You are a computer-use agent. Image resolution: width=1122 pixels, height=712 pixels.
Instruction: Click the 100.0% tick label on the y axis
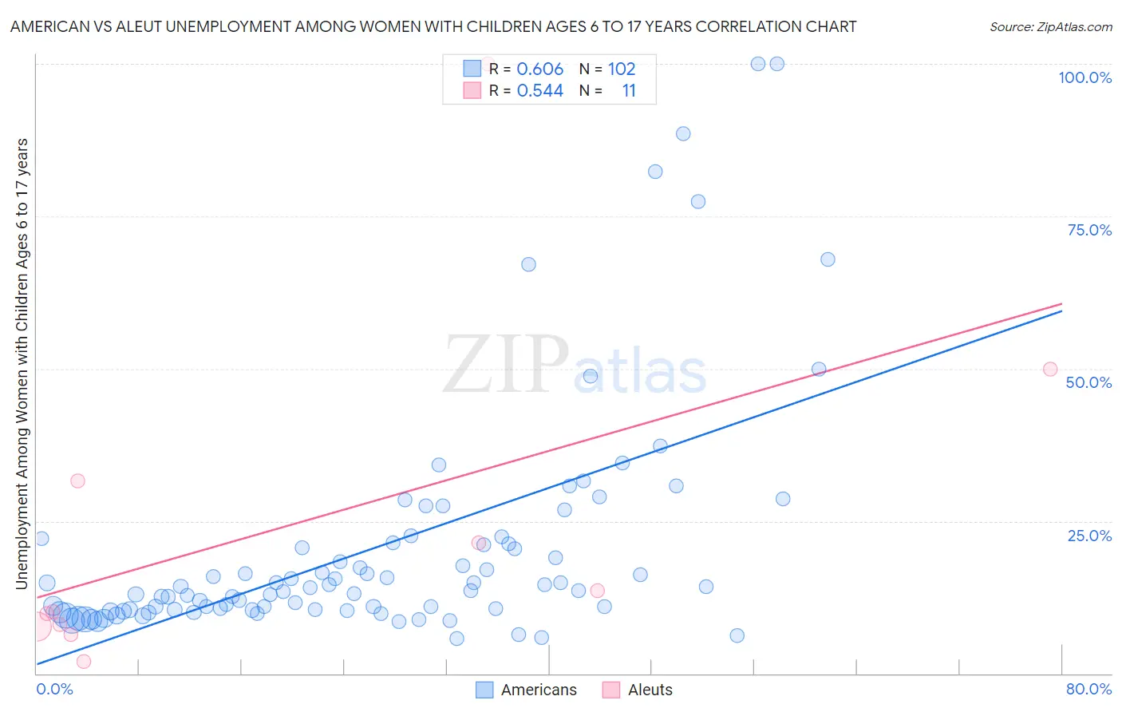[x=1084, y=77]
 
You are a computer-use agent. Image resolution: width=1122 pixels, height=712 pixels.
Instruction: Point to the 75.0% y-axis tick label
[x=1089, y=230]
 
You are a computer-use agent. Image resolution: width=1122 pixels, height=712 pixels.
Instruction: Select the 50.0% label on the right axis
[x=1088, y=382]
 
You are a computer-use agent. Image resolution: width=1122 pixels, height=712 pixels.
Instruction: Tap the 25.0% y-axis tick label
[x=1089, y=536]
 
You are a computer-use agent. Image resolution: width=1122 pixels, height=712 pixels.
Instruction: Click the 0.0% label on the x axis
[x=54, y=689]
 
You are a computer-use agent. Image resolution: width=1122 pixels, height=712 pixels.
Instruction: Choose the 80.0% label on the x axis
[x=1088, y=689]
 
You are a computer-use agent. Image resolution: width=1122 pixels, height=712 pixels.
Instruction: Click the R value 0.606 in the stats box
[x=539, y=69]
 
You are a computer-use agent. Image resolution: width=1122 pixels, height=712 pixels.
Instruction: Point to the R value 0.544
[x=539, y=91]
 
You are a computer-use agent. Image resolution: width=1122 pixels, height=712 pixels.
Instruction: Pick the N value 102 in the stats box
[x=622, y=69]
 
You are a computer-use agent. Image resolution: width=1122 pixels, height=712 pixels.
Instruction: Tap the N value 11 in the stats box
[x=629, y=91]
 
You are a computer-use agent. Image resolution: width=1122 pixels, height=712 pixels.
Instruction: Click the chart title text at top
[x=433, y=26]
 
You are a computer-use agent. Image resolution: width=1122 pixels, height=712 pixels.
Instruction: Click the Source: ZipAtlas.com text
[x=1050, y=26]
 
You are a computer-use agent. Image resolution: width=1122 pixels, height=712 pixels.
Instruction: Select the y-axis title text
[x=22, y=364]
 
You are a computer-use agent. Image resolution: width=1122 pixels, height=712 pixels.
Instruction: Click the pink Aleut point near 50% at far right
[x=1050, y=370]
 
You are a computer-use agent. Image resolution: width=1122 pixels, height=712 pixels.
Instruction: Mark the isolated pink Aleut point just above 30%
[x=77, y=481]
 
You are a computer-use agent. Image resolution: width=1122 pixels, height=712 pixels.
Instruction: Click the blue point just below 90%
[x=683, y=133]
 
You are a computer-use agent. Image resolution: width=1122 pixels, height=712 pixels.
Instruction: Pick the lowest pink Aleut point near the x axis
[x=84, y=661]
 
